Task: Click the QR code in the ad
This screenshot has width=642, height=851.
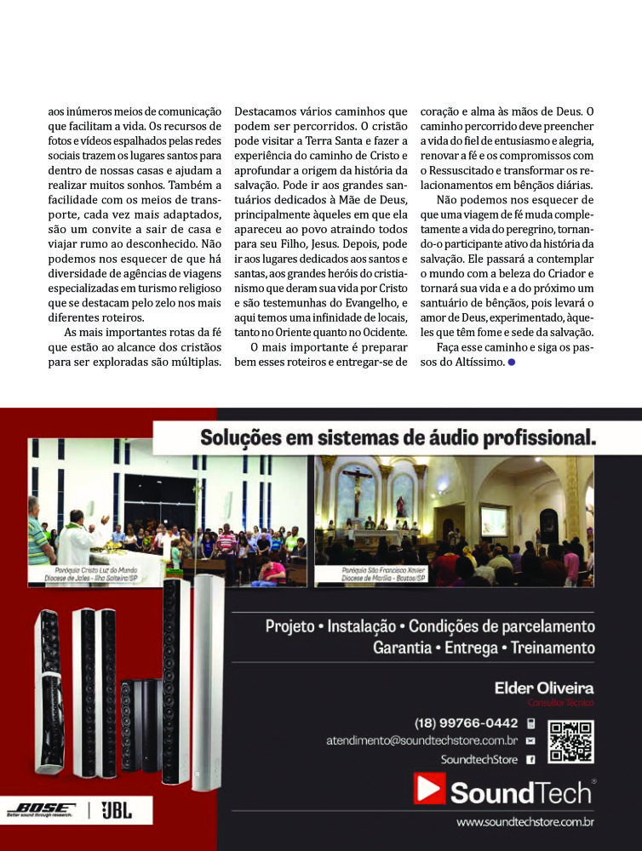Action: pyautogui.click(x=570, y=741)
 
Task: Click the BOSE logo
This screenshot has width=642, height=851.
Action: pyautogui.click(x=41, y=809)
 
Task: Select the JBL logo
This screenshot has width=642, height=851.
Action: pyautogui.click(x=117, y=810)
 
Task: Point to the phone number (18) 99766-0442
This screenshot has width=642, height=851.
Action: pyautogui.click(x=467, y=723)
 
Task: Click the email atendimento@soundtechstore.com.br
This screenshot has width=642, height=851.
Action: pyautogui.click(x=422, y=741)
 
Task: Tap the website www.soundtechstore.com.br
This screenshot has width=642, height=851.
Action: pyautogui.click(x=524, y=822)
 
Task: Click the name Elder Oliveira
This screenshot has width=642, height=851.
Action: pyautogui.click(x=544, y=688)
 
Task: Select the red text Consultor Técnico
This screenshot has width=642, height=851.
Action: pyautogui.click(x=560, y=703)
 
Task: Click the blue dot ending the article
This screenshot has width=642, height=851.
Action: pyautogui.click(x=511, y=363)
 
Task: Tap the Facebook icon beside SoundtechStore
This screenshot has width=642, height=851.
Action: pyautogui.click(x=530, y=759)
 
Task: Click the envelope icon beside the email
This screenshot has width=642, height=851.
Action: pyautogui.click(x=530, y=741)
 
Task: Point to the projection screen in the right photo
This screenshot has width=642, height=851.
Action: pyautogui.click(x=494, y=521)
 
